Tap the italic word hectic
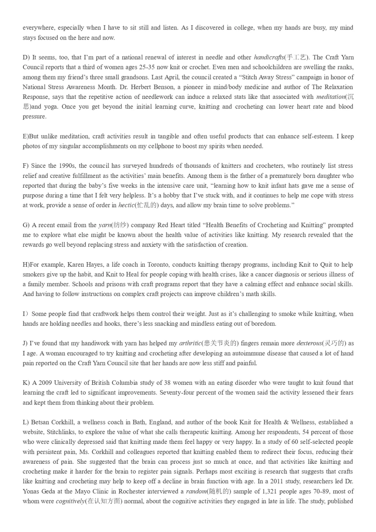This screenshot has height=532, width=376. (x=126, y=205)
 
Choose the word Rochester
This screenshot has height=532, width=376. (x=131, y=492)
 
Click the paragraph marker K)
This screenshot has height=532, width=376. (x=26, y=383)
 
